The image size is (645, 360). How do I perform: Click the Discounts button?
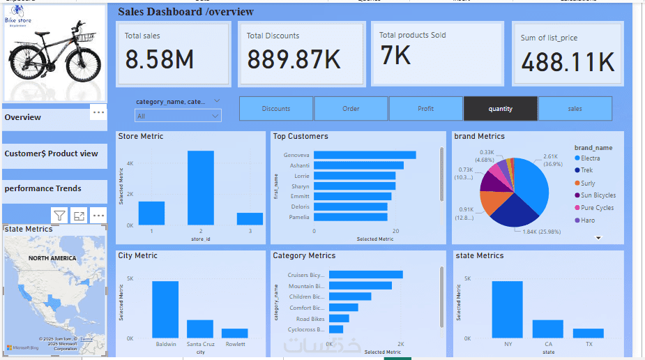276,109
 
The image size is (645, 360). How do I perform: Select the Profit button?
425,109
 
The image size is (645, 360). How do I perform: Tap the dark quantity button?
500,109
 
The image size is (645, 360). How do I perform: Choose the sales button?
575,109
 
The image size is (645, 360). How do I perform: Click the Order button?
351,109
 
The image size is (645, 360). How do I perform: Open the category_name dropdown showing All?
179,117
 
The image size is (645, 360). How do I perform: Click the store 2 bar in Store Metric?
201,188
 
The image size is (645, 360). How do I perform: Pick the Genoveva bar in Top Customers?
365,155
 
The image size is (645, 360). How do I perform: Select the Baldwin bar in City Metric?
165,309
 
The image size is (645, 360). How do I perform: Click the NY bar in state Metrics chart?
507,309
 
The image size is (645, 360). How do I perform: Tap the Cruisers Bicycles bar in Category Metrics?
366,275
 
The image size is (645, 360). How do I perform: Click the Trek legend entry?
588,170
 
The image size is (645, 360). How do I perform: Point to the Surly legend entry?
588,183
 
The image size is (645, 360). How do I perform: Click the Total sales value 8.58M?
159,60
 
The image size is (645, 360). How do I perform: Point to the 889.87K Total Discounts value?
294,60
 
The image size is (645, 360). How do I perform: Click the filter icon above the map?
59,216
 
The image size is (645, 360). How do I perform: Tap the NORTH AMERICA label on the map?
52,258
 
